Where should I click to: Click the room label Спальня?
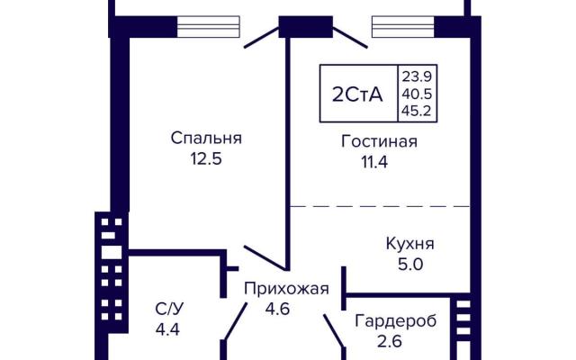[x=206, y=139]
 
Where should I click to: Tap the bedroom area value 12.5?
[x=206, y=159]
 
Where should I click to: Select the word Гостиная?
[x=379, y=141]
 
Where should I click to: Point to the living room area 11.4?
[x=374, y=162]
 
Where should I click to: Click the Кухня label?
[x=410, y=244]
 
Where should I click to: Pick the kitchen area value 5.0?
[x=410, y=264]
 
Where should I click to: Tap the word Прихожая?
[x=286, y=289]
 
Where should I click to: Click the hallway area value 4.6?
[x=278, y=309]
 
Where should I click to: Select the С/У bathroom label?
[x=168, y=310]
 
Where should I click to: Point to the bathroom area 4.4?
[x=167, y=329]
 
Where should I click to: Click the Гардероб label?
[x=396, y=321]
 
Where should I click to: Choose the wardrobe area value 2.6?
[x=390, y=341]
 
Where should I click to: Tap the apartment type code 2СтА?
[x=357, y=94]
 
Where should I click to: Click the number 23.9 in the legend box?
[x=416, y=76]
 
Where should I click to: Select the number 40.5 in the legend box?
[x=416, y=94]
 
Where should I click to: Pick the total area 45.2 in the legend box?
[x=416, y=111]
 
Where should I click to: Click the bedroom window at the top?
[x=208, y=26]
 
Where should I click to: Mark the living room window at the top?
[x=403, y=26]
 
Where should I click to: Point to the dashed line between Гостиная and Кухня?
[x=380, y=206]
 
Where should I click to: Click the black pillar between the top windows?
[x=306, y=26]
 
